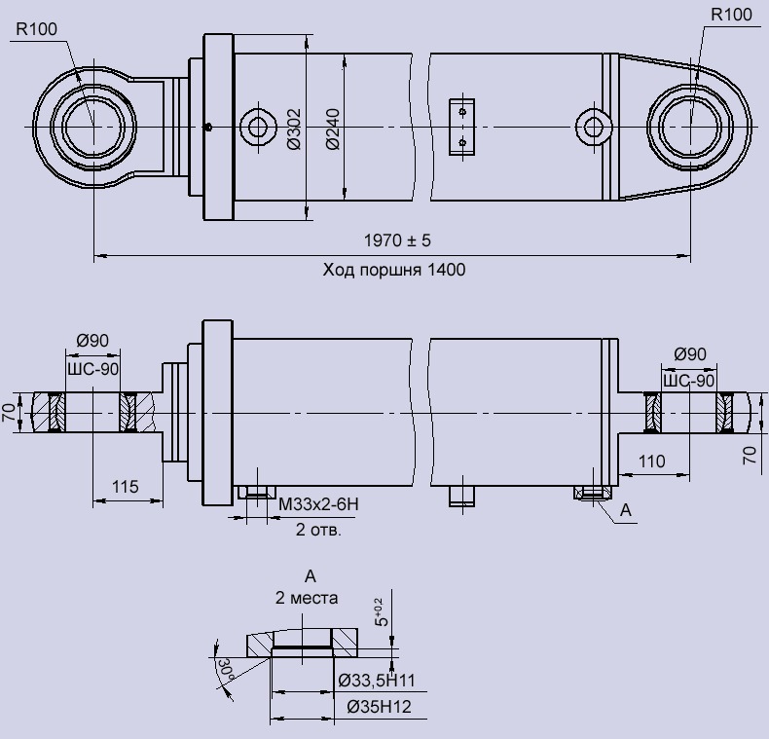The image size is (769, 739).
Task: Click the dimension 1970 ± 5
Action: click(397, 240)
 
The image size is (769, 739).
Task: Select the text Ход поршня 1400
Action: click(394, 270)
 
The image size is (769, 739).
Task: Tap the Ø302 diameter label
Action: click(295, 128)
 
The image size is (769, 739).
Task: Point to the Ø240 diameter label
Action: click(333, 128)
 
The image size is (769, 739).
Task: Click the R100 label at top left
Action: click(36, 29)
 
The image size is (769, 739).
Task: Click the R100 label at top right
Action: click(732, 15)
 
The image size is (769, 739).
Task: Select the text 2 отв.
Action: click(319, 530)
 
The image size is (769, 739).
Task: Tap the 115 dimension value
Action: click(126, 485)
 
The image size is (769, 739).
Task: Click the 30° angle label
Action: click(224, 670)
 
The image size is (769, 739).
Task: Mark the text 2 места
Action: click(305, 598)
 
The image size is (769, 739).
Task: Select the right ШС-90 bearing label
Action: click(689, 380)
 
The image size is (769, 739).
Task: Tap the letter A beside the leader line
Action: click(626, 509)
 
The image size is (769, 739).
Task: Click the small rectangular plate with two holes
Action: click(462, 127)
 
